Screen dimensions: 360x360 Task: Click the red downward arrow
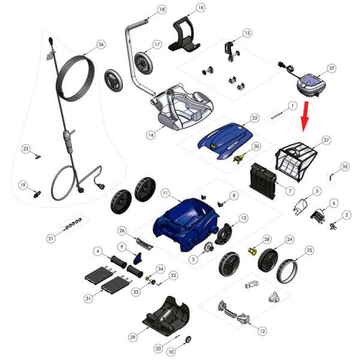point(305,116)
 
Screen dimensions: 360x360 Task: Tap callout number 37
point(331,68)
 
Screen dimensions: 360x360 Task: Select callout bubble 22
point(254,118)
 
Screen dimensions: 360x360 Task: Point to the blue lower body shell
point(186,224)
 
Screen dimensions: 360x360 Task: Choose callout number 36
point(101,44)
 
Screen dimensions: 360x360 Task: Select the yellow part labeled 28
point(253,251)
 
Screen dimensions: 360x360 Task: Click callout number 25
point(310,250)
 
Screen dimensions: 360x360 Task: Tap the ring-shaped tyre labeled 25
point(287,271)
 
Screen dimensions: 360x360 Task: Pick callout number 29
point(133,337)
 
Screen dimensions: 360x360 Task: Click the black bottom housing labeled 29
point(166,316)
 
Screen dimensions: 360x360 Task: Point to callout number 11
point(165,193)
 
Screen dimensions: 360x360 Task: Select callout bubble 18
point(162,10)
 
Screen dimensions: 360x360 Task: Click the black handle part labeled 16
point(184,34)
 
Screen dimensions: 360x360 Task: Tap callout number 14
point(151,135)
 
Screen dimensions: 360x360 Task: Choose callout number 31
point(88,298)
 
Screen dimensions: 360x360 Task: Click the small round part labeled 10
point(188,339)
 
